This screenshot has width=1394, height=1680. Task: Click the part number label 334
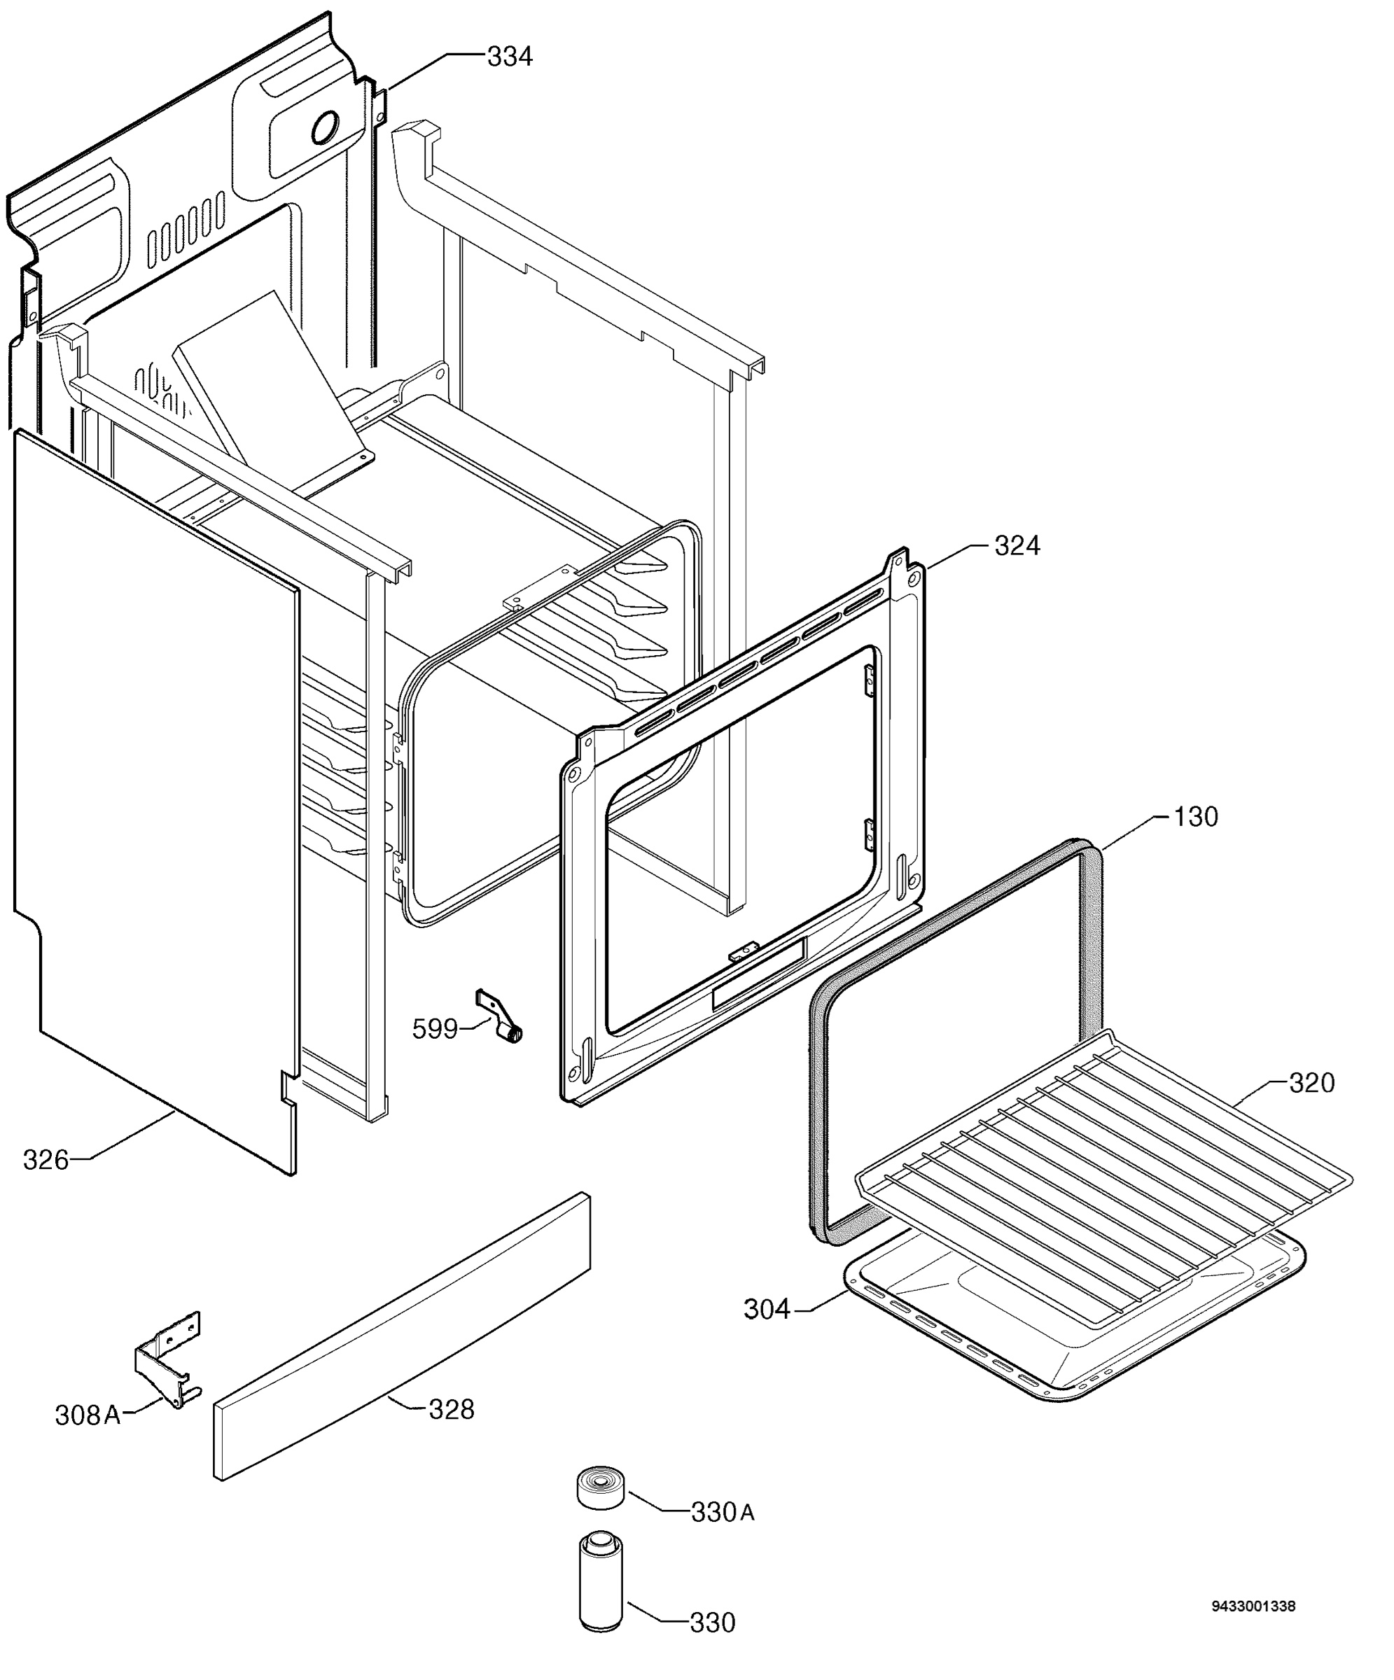click(509, 57)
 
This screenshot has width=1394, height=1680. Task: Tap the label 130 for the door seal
click(1196, 817)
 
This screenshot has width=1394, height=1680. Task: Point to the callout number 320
click(1311, 1083)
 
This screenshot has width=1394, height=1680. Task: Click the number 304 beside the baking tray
click(767, 1310)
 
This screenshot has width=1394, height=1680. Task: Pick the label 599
click(435, 1029)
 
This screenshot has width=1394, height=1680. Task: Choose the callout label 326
click(46, 1160)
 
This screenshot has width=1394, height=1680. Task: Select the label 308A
click(88, 1415)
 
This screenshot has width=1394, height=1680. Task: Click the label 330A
click(723, 1513)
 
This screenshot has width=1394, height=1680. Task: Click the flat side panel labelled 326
click(156, 800)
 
